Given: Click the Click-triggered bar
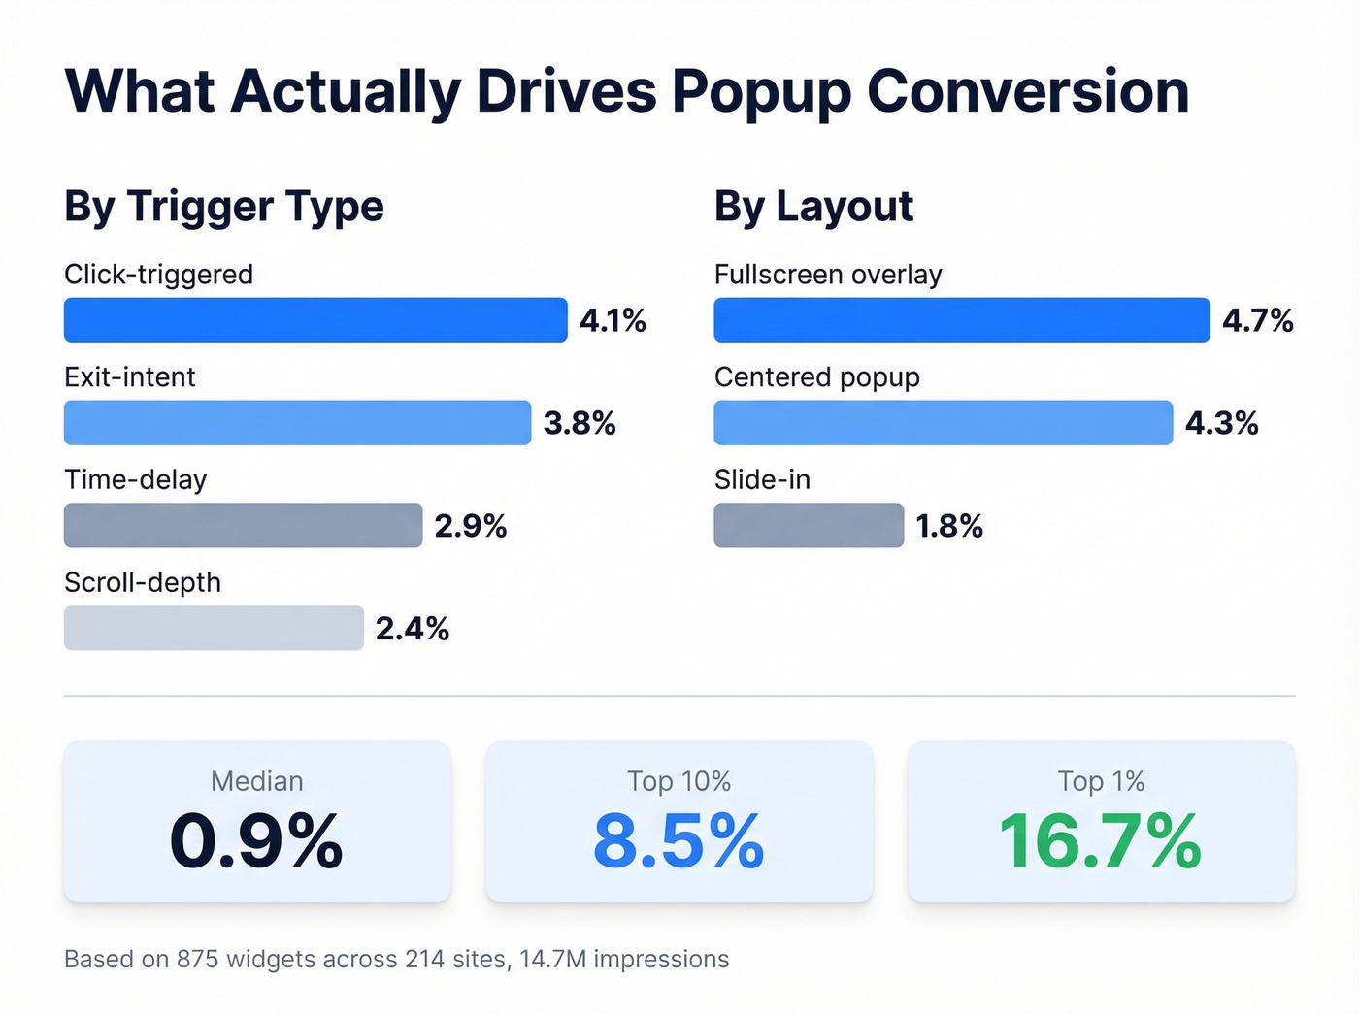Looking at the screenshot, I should tap(315, 320).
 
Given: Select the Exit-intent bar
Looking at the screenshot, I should tap(297, 423).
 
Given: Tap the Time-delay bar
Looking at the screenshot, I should tap(243, 526).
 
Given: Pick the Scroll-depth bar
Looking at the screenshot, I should tap(214, 629).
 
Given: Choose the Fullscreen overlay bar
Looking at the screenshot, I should tap(961, 320).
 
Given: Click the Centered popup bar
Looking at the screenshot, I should tap(943, 423).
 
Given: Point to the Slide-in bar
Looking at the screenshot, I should tap(809, 526).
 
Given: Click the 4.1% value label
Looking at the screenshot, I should tap(613, 321).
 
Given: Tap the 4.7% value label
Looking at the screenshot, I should tap(1257, 321).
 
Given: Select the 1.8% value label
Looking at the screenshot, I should tap(948, 527).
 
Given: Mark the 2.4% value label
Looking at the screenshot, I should tap(412, 630).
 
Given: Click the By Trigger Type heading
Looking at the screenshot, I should tap(224, 207).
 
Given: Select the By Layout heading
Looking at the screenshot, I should tap(813, 207).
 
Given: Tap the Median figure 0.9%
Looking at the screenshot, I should tap(256, 841).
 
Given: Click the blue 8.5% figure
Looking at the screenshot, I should tap(679, 841).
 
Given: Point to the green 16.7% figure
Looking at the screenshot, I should tap(1100, 841).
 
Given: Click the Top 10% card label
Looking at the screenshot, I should tap(679, 781).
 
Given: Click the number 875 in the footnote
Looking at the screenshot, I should tap(197, 960).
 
